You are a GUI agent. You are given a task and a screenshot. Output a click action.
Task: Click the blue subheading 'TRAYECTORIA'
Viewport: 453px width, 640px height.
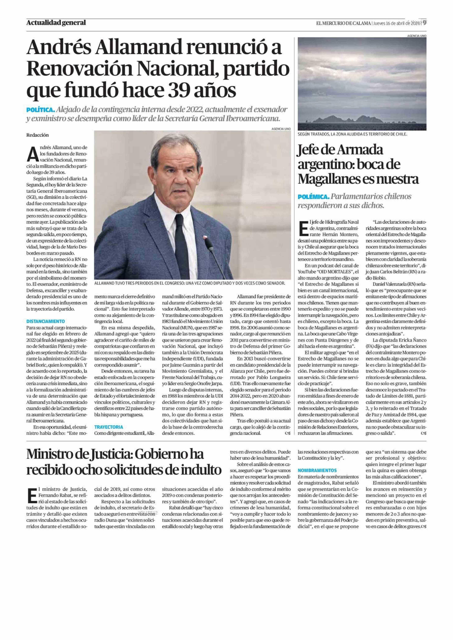(x=109, y=427)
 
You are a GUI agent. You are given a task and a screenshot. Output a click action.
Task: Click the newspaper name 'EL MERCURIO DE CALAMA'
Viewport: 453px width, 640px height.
(x=343, y=23)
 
